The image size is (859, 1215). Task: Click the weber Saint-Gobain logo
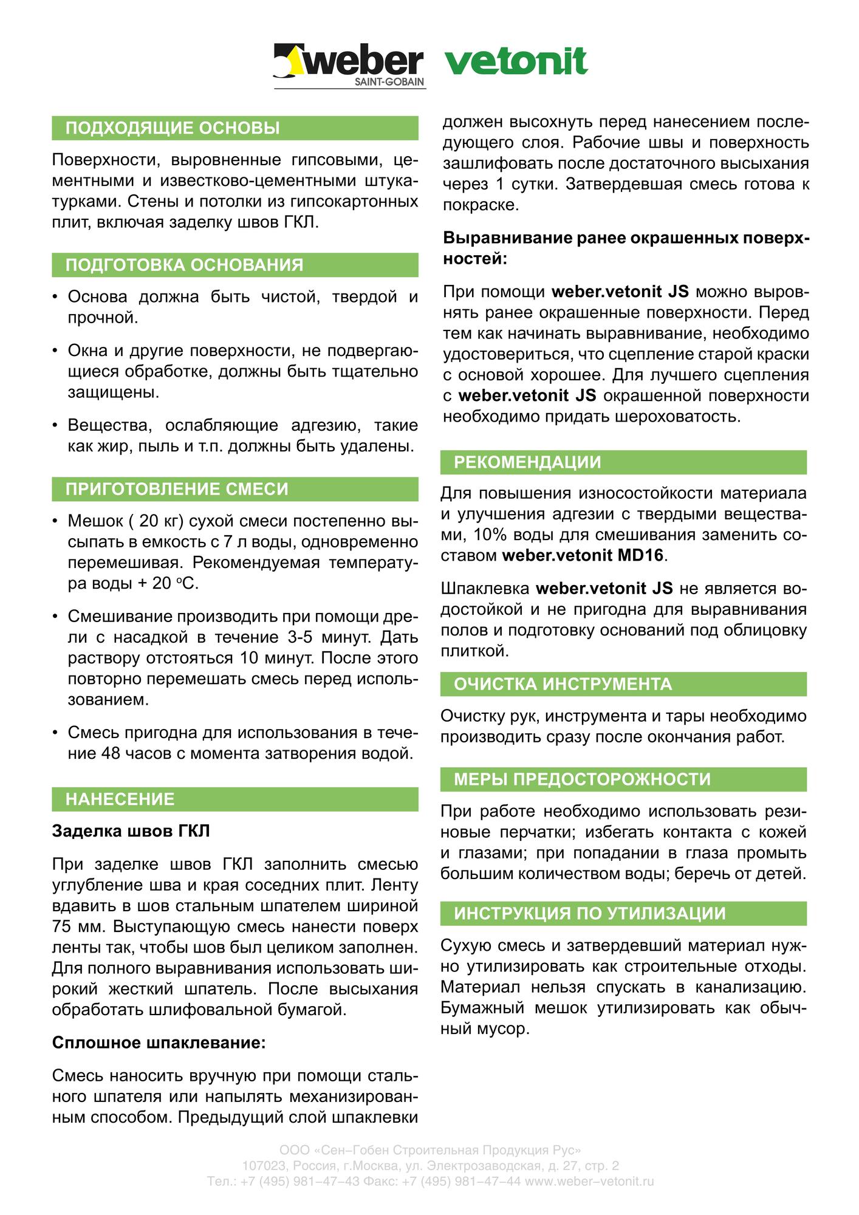click(x=349, y=66)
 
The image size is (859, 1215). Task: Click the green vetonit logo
click(x=516, y=61)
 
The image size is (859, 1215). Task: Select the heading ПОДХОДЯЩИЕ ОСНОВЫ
click(x=173, y=128)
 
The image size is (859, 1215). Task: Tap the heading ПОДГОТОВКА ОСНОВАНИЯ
click(x=184, y=265)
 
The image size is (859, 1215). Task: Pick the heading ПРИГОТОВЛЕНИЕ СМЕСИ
click(x=177, y=489)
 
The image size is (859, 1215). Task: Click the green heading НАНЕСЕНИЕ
click(x=120, y=799)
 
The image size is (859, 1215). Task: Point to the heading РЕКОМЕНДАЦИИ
click(x=527, y=462)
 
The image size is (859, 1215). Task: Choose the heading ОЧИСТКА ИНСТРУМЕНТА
click(x=563, y=684)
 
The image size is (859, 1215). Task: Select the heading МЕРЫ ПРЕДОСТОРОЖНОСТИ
click(x=582, y=779)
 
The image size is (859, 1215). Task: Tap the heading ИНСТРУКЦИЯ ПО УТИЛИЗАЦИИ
click(x=590, y=914)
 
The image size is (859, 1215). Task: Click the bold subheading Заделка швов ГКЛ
click(x=131, y=830)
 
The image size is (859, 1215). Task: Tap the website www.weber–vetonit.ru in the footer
click(x=589, y=1182)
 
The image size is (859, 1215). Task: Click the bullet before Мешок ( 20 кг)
click(x=55, y=521)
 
